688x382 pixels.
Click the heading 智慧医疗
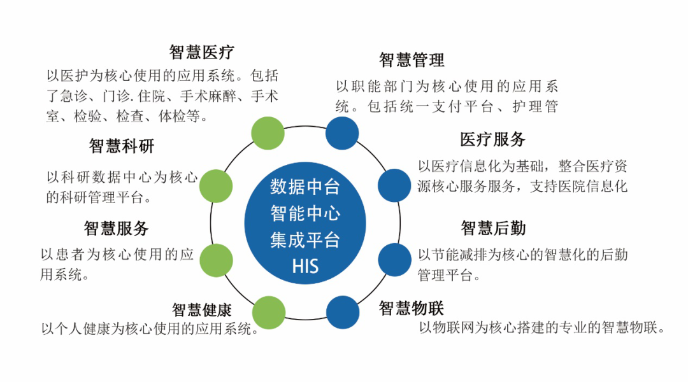[201, 52]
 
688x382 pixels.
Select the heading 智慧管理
[412, 60]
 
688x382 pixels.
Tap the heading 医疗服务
[492, 139]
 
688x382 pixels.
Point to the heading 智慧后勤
[493, 229]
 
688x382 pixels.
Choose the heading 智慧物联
[411, 308]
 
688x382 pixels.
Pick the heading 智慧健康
[202, 310]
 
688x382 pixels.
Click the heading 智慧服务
[117, 229]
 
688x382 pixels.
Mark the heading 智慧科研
[122, 146]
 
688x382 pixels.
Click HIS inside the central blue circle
[305, 266]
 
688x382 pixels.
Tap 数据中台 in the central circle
[305, 187]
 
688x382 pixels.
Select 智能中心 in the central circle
[305, 213]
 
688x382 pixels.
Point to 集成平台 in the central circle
[305, 240]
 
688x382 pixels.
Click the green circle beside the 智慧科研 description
[216, 186]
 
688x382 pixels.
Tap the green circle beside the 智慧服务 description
[217, 260]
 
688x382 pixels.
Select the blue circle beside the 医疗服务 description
[394, 185]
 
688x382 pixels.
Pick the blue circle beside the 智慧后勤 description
[394, 260]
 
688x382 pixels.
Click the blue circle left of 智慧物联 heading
[343, 312]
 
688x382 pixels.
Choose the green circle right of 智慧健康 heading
[269, 313]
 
